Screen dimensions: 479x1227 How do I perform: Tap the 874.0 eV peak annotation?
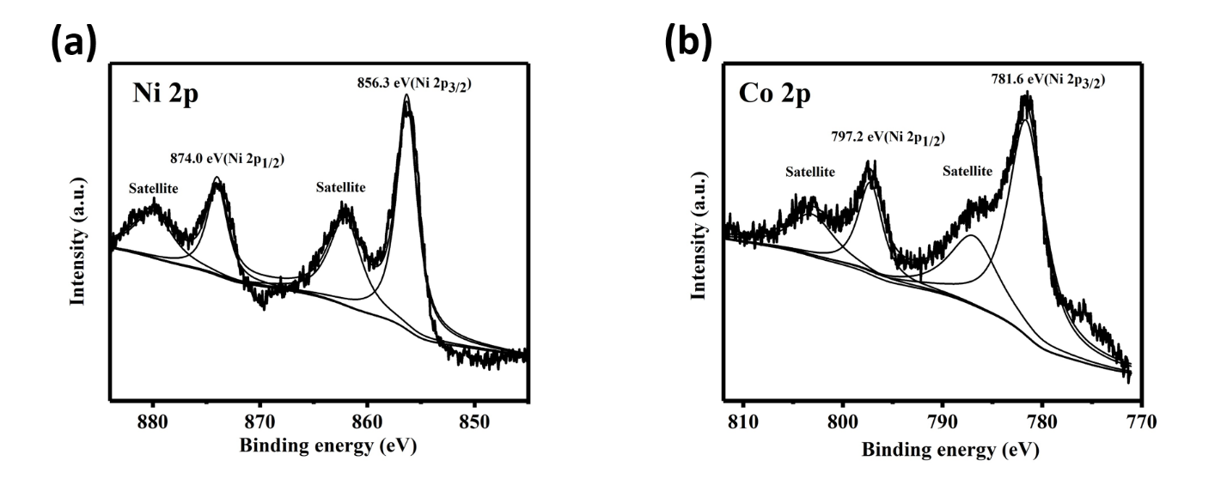coord(225,158)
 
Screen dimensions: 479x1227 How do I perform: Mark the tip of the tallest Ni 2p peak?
coord(406,95)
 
